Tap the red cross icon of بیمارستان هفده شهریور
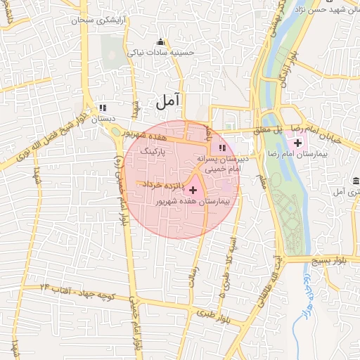193,190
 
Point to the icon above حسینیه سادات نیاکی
161,41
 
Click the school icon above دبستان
103,108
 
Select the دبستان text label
103,119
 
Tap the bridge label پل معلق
269,129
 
